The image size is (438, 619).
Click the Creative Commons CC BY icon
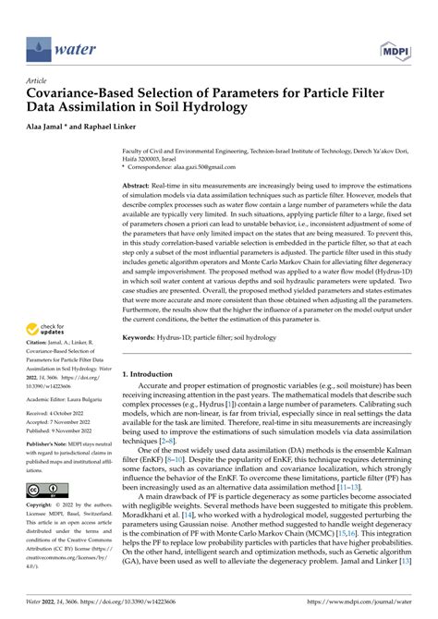tap(46, 490)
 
